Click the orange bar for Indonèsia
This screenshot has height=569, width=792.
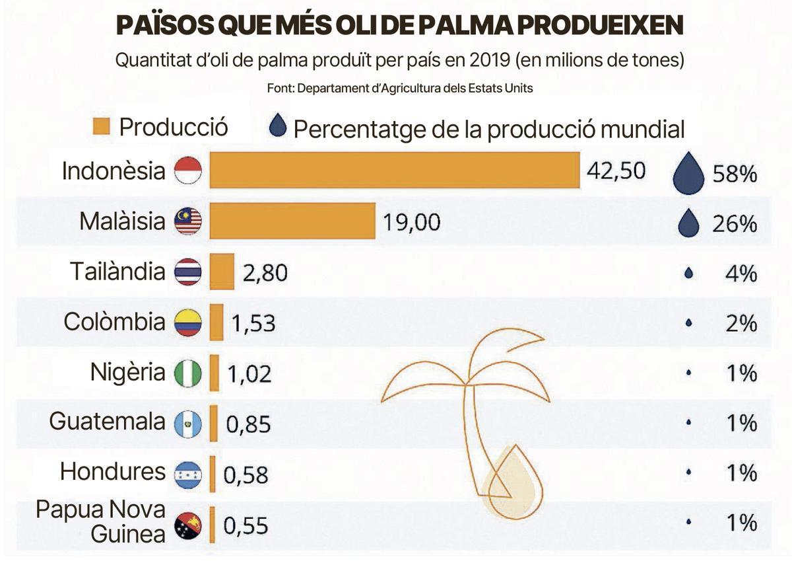click(x=394, y=171)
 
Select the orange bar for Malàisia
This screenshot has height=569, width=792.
click(x=292, y=221)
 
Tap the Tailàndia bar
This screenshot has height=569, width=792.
click(x=222, y=271)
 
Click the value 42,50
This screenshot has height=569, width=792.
click(x=616, y=171)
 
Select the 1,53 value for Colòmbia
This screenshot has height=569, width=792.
click(x=253, y=322)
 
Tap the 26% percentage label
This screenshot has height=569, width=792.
click(x=734, y=225)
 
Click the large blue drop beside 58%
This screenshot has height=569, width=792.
click(x=688, y=173)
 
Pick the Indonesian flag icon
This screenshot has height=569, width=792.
click(x=188, y=171)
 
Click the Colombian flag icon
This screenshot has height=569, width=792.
click(x=188, y=322)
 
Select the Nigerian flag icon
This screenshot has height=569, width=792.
click(x=188, y=373)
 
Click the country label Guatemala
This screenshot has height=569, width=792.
click(x=107, y=421)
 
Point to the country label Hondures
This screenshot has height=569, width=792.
click(x=112, y=471)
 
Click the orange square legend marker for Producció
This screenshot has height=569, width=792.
click(x=102, y=126)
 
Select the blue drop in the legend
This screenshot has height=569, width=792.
click(x=278, y=124)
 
